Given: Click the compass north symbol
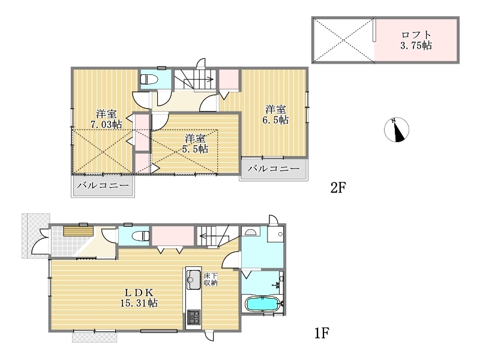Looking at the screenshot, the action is point(397,130).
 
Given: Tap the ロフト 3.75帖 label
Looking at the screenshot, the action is point(416,40).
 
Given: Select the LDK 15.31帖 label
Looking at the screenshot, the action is point(139,298).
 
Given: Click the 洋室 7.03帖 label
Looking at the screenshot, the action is point(106,119).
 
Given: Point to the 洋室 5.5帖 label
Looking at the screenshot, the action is point(195,143).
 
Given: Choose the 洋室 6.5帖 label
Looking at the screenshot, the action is point(275,115).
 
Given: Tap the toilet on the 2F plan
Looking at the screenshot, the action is point(149,80).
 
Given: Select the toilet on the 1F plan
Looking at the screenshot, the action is point(141,236).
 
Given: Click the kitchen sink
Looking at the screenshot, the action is point(193,280).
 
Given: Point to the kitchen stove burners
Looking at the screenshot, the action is point(193,317).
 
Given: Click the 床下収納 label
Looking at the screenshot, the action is point(211,279).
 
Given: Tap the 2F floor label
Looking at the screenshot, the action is point(338,187).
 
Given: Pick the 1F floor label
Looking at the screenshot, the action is point(322,333).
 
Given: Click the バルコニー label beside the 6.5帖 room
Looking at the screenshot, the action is point(274,169).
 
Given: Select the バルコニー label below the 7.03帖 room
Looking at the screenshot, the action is point(103,185).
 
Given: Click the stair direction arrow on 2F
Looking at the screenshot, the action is point(197,80).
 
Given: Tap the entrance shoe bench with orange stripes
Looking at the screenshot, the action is point(78,231).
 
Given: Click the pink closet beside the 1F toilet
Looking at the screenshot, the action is point(173,235).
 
